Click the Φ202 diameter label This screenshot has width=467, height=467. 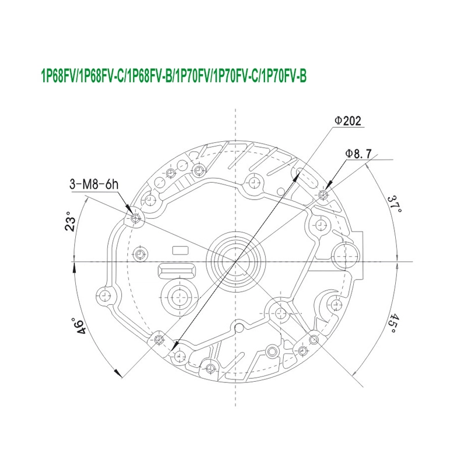tap(347, 121)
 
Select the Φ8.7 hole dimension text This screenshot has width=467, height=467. tap(358, 154)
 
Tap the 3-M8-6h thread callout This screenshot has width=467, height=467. tap(94, 184)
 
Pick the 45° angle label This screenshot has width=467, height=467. tap(395, 323)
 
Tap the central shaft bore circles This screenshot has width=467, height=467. tap(236, 261)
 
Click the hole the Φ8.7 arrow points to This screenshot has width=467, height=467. tap(323, 195)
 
